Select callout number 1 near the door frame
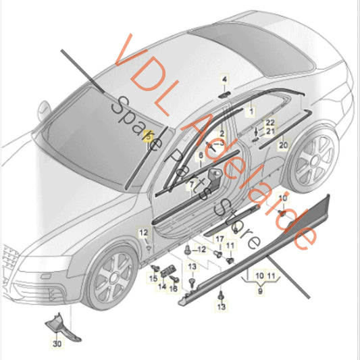(253, 108)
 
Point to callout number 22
(270, 122)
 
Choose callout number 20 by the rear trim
(283, 145)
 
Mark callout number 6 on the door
(201, 156)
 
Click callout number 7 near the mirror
(191, 183)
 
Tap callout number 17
(219, 240)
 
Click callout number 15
(153, 278)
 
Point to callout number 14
(162, 286)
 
